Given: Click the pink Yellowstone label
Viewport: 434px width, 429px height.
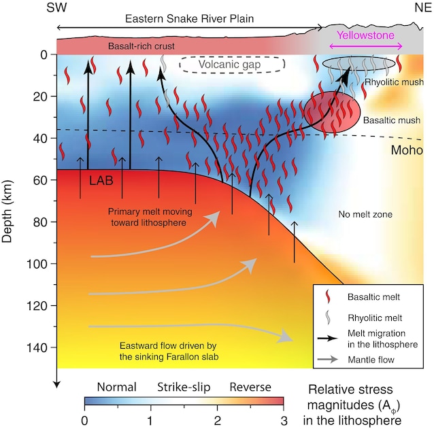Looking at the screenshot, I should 361,32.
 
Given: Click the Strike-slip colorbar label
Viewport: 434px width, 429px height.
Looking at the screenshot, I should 184,387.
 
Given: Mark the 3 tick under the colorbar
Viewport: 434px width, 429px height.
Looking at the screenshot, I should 283,420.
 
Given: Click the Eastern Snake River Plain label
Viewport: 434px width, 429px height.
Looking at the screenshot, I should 190,19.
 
